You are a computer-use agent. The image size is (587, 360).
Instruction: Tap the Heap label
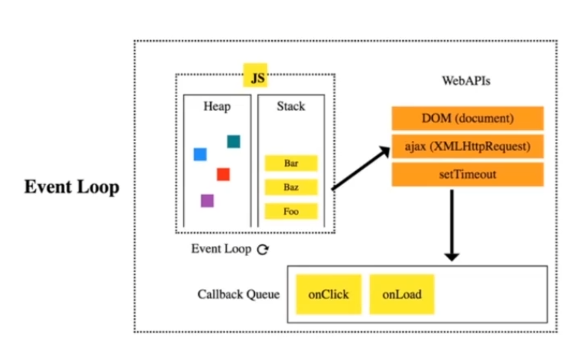[x=216, y=106]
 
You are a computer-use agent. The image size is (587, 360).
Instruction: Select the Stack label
[x=290, y=106]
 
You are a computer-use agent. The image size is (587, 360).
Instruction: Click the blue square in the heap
[x=200, y=154]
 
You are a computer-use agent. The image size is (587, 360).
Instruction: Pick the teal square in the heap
[x=233, y=141]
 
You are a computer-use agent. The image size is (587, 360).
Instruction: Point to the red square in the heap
[x=223, y=174]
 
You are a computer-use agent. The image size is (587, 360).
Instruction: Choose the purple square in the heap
[x=206, y=200]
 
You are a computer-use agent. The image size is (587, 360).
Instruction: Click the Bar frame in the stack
[x=291, y=163]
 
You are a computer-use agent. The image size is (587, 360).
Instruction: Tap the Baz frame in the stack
[x=291, y=187]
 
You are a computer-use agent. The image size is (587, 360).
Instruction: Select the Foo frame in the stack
[x=291, y=211]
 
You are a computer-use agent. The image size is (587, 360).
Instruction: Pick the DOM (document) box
[x=468, y=119]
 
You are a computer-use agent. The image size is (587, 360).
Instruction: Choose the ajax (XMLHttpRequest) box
[x=468, y=146]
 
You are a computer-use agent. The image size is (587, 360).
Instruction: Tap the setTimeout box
[x=468, y=174]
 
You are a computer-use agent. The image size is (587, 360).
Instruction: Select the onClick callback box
[x=329, y=294]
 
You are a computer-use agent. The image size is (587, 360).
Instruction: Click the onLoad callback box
[x=401, y=294]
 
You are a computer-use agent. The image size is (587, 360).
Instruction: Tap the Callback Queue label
[x=238, y=294]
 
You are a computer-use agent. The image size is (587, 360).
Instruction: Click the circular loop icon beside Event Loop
[x=263, y=250]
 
